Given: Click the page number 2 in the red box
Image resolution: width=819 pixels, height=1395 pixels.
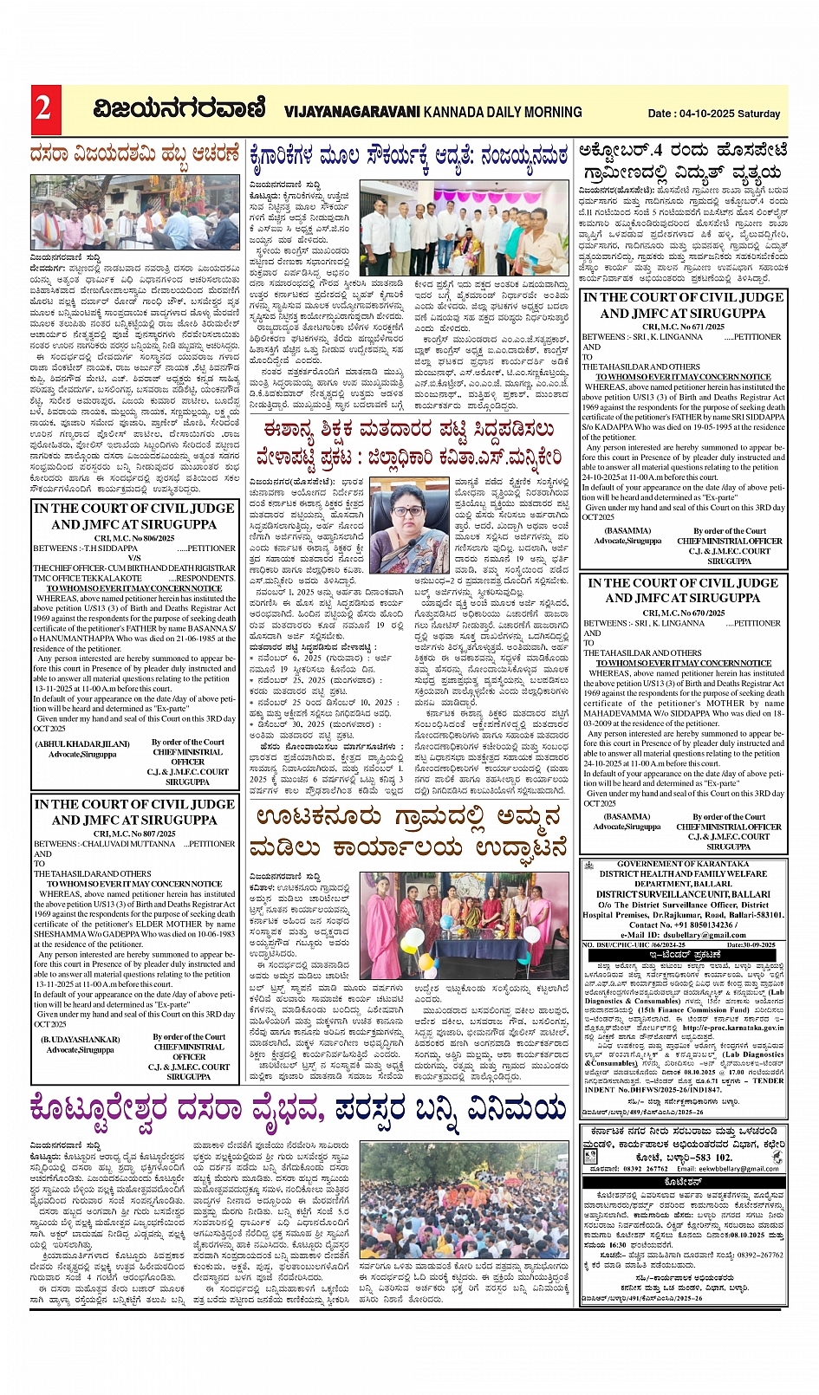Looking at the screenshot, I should tap(42, 109).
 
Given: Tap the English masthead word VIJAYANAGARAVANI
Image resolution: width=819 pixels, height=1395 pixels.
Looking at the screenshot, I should tap(352, 112).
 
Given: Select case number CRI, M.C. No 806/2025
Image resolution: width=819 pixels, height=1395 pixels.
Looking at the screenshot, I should tap(134, 538).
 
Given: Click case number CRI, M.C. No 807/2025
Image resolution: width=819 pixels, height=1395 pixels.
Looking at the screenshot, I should tap(134, 834).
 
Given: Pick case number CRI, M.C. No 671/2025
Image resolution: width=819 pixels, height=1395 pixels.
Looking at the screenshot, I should tap(682, 327).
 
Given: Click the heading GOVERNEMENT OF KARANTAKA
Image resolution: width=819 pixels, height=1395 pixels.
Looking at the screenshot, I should tap(683, 864).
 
